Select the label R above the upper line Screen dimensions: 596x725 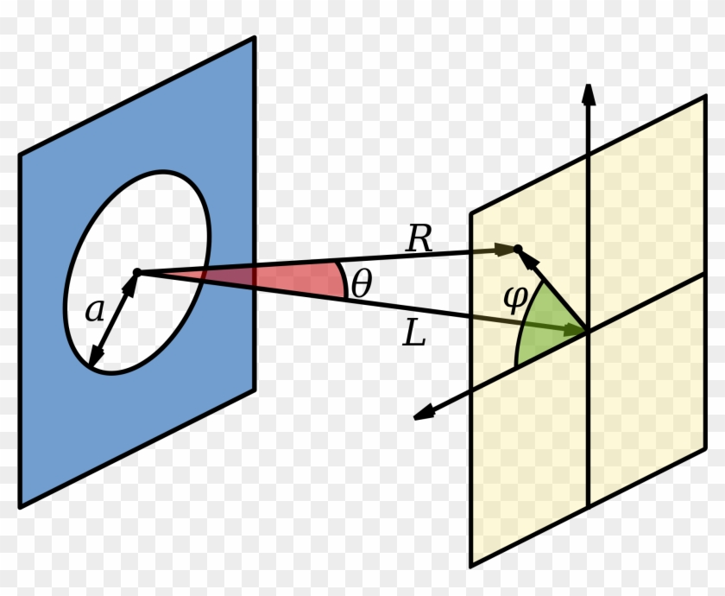[419, 239]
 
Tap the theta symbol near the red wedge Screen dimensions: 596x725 [360, 284]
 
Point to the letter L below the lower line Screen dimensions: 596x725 [415, 335]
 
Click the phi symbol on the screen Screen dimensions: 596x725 [514, 299]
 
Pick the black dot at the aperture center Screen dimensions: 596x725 [136, 273]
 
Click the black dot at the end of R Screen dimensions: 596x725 [518, 250]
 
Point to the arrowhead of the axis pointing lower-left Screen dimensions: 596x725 [423, 415]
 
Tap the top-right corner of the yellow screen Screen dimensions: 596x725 [706, 97]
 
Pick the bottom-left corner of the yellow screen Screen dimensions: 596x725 [471, 567]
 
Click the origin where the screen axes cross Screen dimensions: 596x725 [588, 331]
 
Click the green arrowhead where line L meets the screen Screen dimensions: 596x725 [573, 328]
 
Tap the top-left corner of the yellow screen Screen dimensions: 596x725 [471, 212]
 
